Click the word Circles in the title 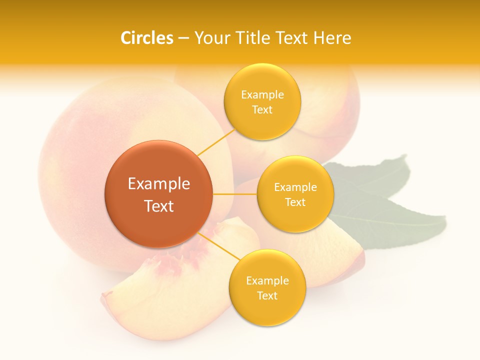[146, 38]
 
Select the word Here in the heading [332, 38]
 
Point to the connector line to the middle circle [235, 194]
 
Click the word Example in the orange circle [159, 184]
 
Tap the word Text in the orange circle [159, 206]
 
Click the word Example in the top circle [262, 95]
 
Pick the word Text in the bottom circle [267, 295]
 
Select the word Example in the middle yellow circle [295, 187]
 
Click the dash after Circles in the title [183, 38]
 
